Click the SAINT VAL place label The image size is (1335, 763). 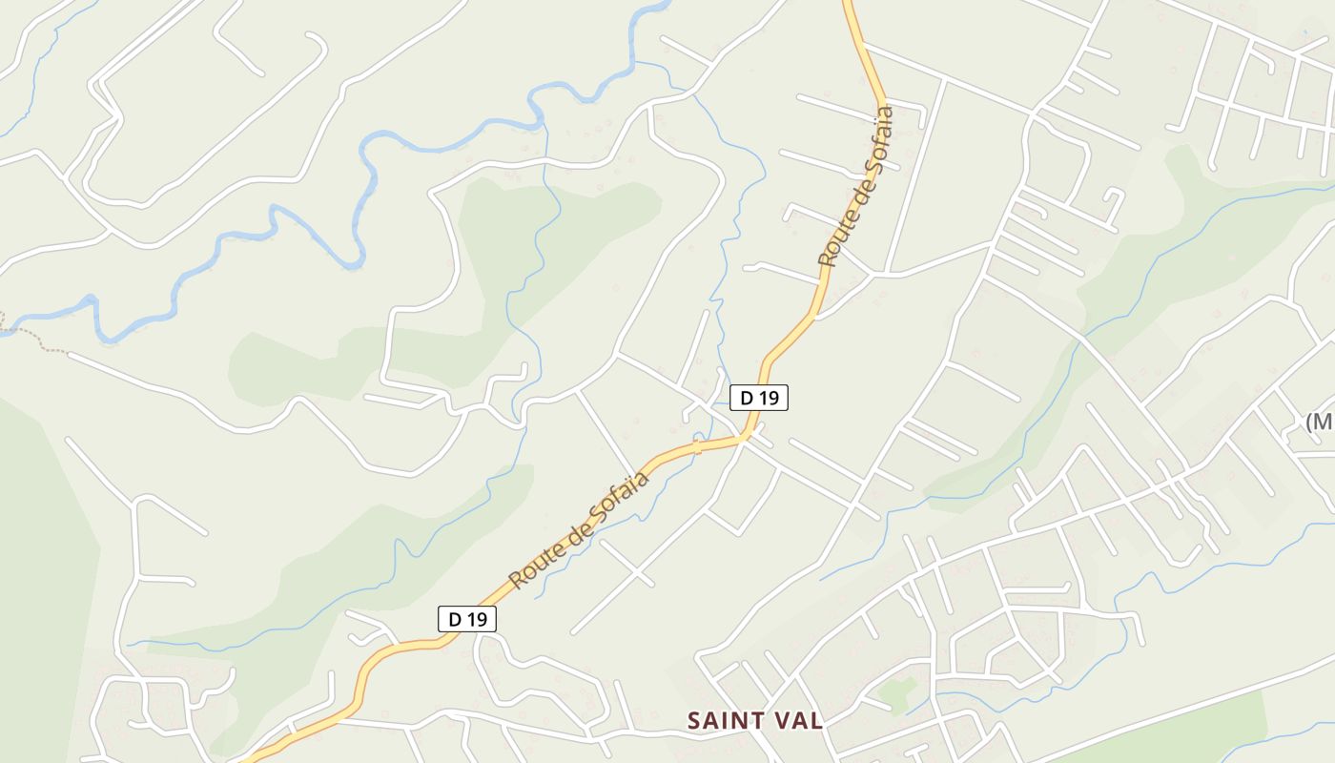[755, 720]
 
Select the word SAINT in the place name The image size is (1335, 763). [729, 720]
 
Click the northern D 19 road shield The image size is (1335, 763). [759, 398]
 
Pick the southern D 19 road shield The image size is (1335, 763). [467, 619]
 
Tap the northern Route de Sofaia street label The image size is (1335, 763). [856, 186]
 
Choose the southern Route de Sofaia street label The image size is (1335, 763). [579, 529]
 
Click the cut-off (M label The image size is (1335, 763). [1320, 421]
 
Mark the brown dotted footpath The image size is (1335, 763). [33, 340]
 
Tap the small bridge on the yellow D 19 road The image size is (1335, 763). [697, 446]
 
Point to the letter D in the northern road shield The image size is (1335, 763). [747, 398]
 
